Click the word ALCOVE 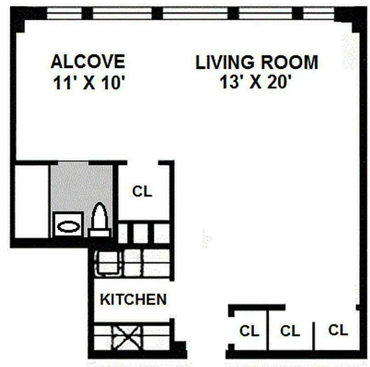87,61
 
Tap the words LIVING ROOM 257,62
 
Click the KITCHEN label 133,300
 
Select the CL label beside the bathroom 142,192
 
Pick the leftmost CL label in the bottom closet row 249,331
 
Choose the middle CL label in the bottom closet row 290,331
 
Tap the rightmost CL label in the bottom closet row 338,330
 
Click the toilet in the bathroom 100,220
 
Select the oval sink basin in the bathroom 68,227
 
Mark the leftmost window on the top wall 64,13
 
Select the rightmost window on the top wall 319,13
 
